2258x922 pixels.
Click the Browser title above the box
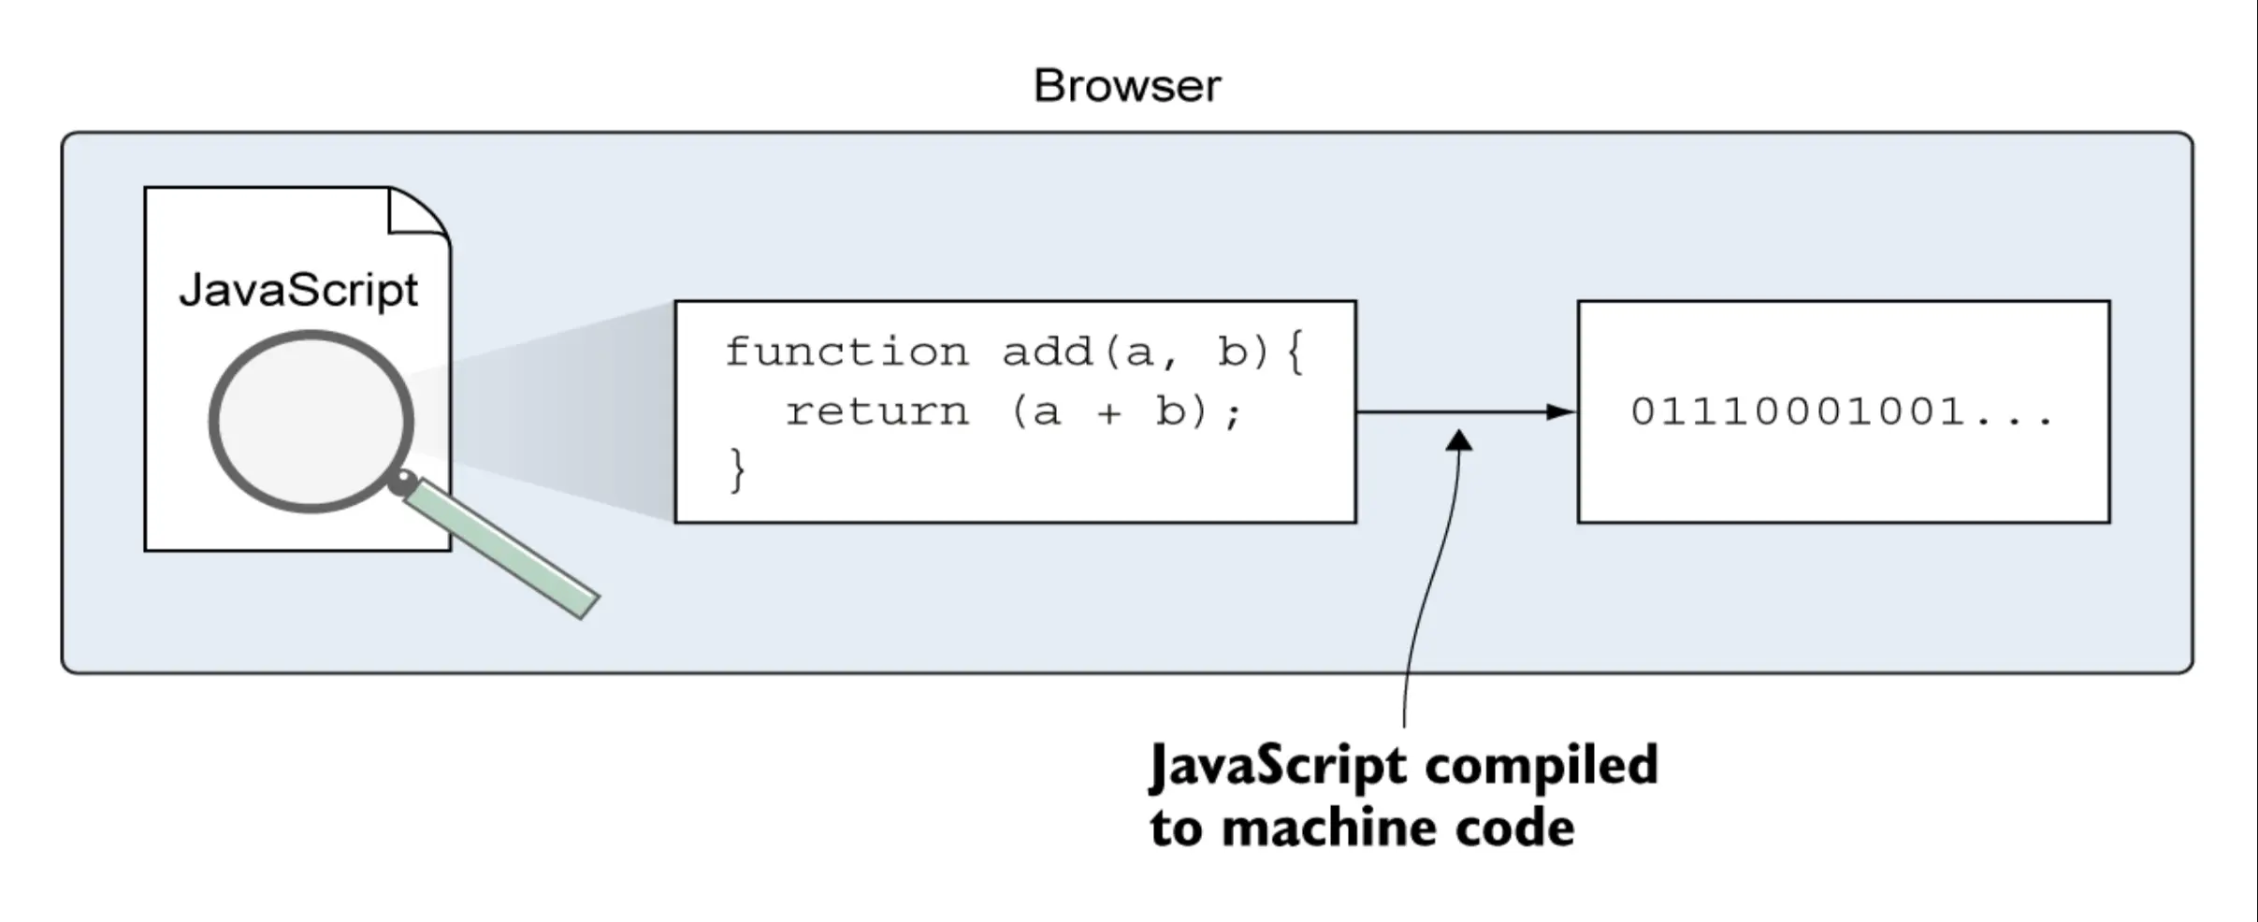[x=1127, y=86]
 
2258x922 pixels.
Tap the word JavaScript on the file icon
[x=298, y=290]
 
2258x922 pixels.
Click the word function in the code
[x=847, y=353]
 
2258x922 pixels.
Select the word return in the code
[x=876, y=412]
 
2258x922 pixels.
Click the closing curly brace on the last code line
[x=738, y=469]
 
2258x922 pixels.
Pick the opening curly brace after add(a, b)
[x=1295, y=353]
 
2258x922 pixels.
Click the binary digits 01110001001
[x=1798, y=411]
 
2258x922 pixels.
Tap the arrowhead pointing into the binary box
[x=1561, y=411]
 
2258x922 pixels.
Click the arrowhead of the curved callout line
[x=1460, y=440]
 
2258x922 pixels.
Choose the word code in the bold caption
[x=1513, y=828]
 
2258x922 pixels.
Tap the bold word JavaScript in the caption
[x=1278, y=766]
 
